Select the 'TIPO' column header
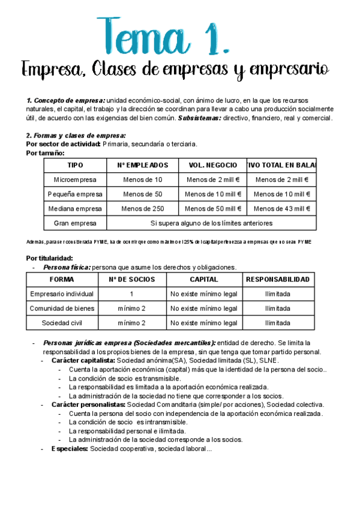point(76,165)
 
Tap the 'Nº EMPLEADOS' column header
point(142,165)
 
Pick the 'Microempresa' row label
point(76,179)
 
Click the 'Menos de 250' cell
point(142,208)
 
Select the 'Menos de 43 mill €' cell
point(281,208)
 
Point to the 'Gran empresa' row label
point(76,223)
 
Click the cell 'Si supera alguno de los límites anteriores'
point(212,223)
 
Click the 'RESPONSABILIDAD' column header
point(278,280)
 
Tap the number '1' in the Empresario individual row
point(131,294)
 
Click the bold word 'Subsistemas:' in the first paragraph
point(199,118)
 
